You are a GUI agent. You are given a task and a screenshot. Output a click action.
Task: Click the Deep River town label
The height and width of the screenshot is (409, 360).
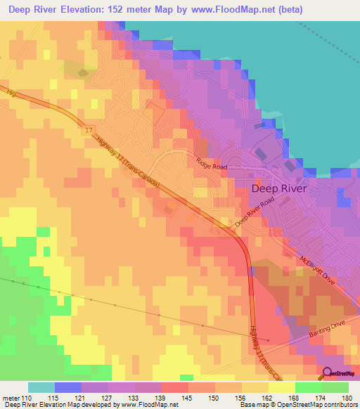pos(280,188)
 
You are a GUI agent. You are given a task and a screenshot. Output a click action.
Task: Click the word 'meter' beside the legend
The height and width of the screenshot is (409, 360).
pos(11,398)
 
